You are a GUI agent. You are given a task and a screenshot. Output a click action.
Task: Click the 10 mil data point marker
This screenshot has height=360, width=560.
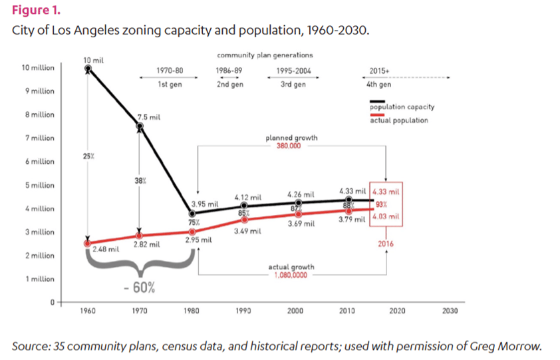pos(88,69)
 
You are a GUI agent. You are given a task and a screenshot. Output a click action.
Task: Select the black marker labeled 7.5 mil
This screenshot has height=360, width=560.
pos(140,126)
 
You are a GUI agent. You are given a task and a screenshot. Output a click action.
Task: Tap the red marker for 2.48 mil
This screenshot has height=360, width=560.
pos(88,244)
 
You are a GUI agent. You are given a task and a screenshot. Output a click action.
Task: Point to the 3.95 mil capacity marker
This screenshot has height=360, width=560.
pos(192,214)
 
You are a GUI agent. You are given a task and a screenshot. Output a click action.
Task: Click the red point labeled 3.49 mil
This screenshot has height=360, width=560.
pos(244,220)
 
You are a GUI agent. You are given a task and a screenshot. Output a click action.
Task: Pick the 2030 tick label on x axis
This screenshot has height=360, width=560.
pos(450,311)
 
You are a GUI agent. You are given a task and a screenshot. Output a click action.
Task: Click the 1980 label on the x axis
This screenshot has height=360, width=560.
pos(192,311)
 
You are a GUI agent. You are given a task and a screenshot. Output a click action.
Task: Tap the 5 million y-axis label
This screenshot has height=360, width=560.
pos(40,185)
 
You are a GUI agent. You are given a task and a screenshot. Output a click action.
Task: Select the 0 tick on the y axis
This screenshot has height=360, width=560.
pos(53,303)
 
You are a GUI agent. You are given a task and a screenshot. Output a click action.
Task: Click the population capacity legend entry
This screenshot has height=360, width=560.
pos(402,107)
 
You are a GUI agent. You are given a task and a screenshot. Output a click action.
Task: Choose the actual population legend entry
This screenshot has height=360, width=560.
pos(399,120)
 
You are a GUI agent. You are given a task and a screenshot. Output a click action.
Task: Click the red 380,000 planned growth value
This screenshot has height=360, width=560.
pos(289,146)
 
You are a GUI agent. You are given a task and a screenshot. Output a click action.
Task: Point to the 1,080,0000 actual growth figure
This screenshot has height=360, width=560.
pos(291,275)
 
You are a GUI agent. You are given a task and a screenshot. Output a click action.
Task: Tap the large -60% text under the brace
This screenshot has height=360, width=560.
pos(140,287)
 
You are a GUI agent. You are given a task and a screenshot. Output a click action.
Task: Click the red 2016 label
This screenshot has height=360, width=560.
pos(386,244)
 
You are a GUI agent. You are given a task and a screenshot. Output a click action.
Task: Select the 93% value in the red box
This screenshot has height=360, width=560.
pos(382,204)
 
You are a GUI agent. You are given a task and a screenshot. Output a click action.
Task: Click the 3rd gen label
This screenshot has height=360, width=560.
pos(293,85)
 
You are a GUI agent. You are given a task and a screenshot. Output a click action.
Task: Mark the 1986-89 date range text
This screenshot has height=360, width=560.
pos(229,71)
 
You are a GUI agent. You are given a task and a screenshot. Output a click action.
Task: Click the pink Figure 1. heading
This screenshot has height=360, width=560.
pos(36,10)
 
